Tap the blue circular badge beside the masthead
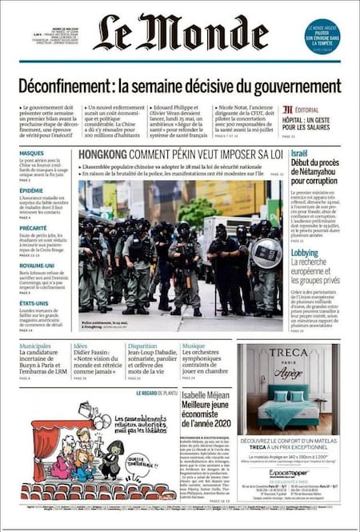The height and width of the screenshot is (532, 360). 322,37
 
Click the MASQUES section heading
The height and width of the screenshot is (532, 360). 32,152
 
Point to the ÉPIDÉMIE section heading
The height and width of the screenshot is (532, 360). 32,190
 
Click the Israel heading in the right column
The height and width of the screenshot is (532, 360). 298,152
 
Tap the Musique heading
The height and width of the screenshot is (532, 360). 193,346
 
